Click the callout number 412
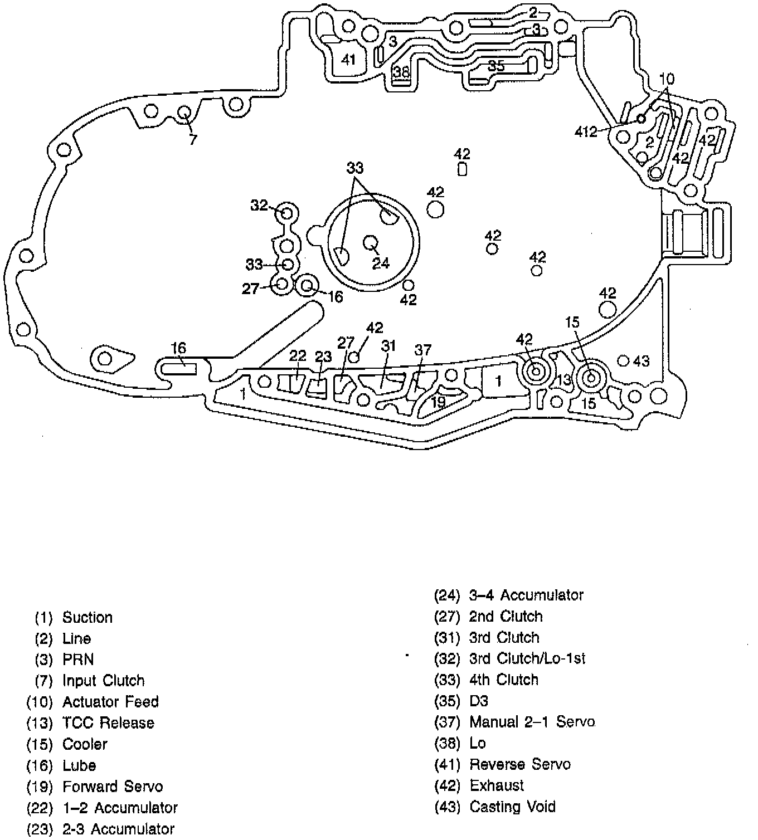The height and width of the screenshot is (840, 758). [586, 132]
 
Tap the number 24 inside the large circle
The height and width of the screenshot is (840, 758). [381, 263]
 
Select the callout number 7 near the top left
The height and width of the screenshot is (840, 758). [193, 139]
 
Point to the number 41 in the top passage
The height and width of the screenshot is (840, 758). [348, 60]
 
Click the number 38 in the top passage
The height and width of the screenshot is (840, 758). [401, 72]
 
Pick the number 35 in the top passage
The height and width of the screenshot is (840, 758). [496, 66]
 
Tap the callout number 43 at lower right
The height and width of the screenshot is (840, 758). [642, 361]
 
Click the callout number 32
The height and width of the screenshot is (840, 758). [259, 206]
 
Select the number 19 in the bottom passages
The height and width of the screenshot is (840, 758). [438, 402]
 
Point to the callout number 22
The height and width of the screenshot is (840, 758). [298, 356]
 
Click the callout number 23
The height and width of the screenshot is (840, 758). [323, 356]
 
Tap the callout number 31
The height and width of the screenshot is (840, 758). [388, 346]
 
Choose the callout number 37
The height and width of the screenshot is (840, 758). [423, 350]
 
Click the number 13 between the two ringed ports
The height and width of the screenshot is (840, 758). [564, 380]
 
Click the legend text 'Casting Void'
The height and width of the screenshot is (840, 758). [512, 807]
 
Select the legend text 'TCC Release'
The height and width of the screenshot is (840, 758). [108, 723]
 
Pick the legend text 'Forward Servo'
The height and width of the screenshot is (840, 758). [113, 787]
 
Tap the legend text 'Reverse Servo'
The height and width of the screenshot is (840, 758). [520, 764]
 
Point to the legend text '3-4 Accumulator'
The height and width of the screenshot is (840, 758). [526, 595]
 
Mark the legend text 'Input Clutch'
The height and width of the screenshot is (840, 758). [103, 681]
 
